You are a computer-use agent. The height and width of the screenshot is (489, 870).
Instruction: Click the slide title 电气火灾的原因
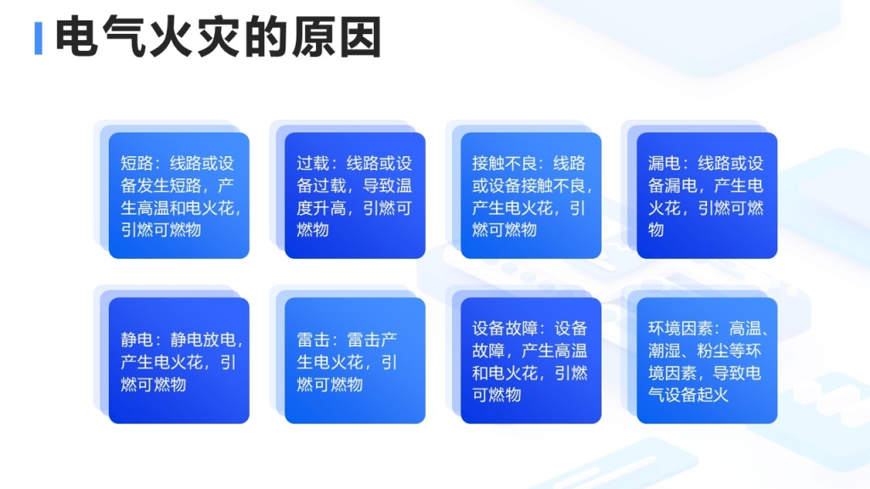point(218,37)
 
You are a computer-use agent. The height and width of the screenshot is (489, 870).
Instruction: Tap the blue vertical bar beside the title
point(38,38)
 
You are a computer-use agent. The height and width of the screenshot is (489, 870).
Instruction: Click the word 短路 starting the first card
point(137,164)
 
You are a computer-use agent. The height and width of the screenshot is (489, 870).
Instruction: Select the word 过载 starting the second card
point(313,164)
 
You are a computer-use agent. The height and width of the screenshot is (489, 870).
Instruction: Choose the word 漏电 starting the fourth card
point(664,164)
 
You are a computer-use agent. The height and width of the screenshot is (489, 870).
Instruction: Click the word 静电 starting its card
point(137,340)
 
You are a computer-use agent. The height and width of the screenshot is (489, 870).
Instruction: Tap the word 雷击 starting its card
point(313,340)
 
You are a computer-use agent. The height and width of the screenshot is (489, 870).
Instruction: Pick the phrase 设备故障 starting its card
point(505,329)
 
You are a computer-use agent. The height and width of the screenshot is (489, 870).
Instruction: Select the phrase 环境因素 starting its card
point(681,329)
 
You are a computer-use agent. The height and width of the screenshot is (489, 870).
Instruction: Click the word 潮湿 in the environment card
point(664,351)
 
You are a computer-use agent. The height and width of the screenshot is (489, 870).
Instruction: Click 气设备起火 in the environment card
point(688,395)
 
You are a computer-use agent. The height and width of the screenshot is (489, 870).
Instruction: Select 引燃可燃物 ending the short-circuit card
point(161,229)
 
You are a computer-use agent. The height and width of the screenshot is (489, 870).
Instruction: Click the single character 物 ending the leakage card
point(656,229)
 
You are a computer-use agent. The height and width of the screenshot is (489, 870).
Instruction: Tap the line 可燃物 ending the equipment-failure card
point(496,395)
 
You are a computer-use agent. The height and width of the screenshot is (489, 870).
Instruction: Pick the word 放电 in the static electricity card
point(220,340)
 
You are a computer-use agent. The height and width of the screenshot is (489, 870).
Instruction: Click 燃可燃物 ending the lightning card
point(330,385)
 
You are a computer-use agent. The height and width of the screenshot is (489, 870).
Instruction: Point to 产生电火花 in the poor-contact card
point(512,208)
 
